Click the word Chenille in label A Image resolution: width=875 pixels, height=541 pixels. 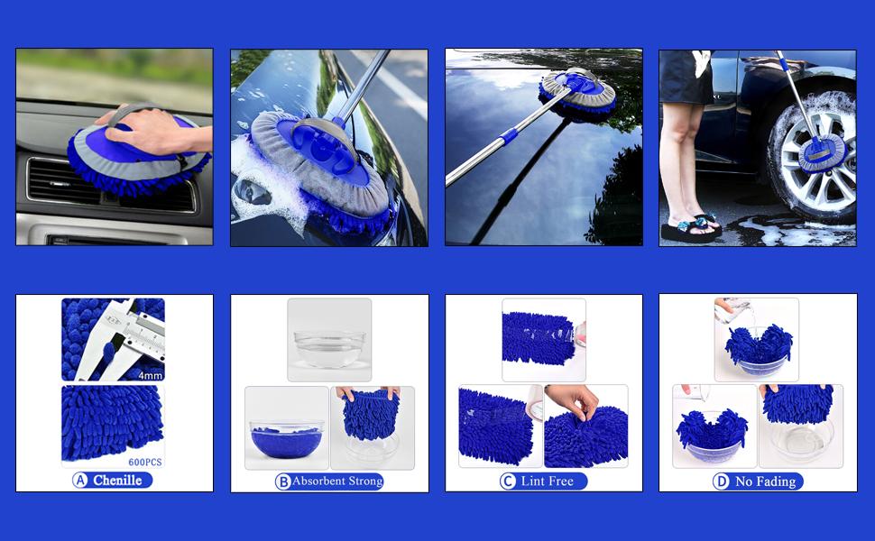118,481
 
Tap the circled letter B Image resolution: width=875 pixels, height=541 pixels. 282,481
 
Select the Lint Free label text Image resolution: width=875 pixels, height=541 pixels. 547,481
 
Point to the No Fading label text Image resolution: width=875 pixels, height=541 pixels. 765,481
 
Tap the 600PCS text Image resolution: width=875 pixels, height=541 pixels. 144,463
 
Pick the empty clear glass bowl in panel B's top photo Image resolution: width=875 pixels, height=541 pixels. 329,346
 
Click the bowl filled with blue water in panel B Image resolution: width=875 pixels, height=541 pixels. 286,442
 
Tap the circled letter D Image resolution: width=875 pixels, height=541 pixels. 721,481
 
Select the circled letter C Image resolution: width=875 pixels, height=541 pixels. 507,481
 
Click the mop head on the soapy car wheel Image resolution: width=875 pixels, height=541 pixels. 821,151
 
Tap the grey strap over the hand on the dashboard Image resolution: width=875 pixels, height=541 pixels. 126,112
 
